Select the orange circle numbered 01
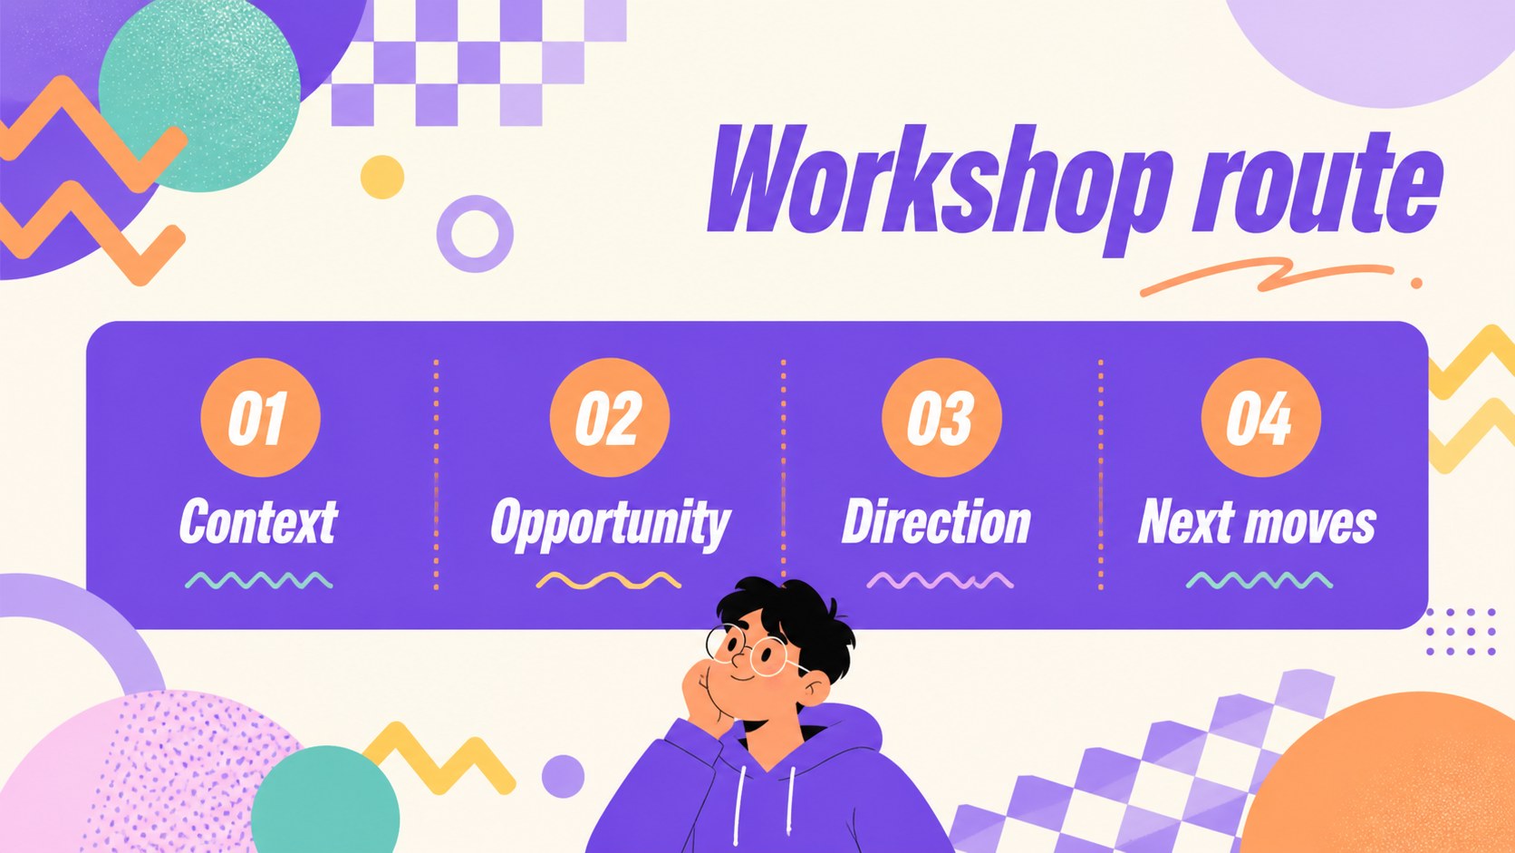[x=260, y=417]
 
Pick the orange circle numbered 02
[x=610, y=417]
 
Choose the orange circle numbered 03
[x=941, y=417]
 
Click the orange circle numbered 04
[x=1260, y=417]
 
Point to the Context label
[x=258, y=521]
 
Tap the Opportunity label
[x=610, y=524]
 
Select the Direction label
[x=937, y=521]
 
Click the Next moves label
[x=1258, y=521]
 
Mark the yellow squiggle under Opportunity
[x=609, y=580]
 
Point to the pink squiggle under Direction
[x=941, y=580]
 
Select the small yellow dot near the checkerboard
[x=382, y=178]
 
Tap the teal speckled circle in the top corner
[x=199, y=92]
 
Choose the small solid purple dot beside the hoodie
[x=563, y=777]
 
